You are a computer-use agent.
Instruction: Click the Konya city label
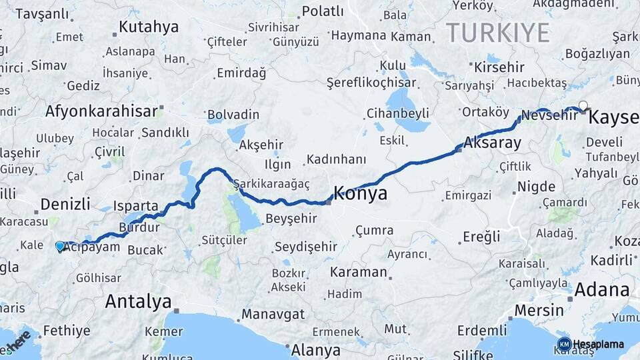click(x=360, y=194)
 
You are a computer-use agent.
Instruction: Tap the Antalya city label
click(x=138, y=302)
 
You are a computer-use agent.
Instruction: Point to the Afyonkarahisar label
click(x=102, y=111)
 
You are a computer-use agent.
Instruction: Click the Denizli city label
click(x=65, y=204)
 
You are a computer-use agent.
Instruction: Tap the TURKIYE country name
click(x=497, y=32)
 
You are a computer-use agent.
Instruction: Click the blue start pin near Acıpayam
click(x=60, y=246)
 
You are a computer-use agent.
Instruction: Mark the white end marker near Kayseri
click(x=583, y=105)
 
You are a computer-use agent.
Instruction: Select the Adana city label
click(x=602, y=290)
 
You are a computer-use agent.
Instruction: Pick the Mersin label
click(x=539, y=311)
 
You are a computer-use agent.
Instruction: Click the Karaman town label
click(x=359, y=272)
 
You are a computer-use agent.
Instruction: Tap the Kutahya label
click(x=149, y=27)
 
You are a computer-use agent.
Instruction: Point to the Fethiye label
click(x=66, y=330)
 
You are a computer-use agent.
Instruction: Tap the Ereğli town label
click(x=481, y=237)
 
